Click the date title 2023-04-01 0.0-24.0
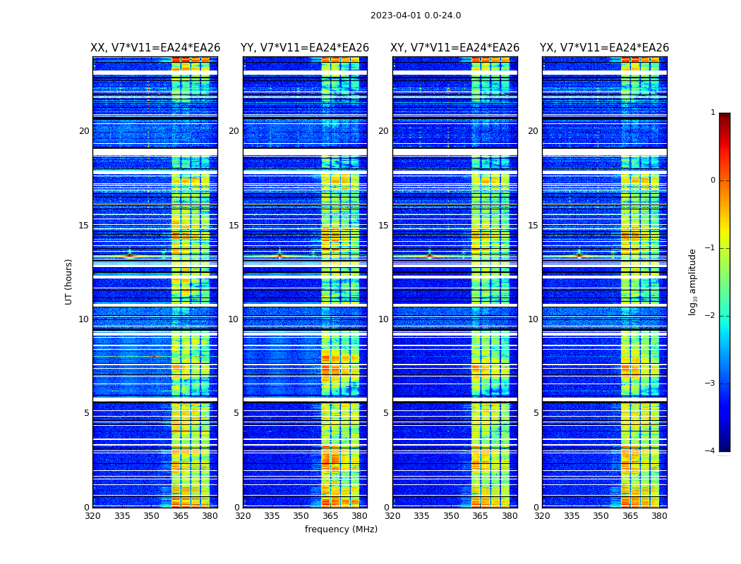416,16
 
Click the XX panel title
155,48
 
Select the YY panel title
305,48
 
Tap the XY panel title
455,48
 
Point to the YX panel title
605,48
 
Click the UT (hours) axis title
69,281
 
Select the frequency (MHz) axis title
341,529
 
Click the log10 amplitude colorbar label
693,281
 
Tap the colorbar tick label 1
713,113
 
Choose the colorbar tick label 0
713,180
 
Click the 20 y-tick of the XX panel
84,131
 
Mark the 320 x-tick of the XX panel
92,516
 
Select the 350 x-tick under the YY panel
301,516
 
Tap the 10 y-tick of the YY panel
234,319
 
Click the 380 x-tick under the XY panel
510,516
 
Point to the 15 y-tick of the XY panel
383,226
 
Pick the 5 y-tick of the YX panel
536,413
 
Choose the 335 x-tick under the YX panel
572,516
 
